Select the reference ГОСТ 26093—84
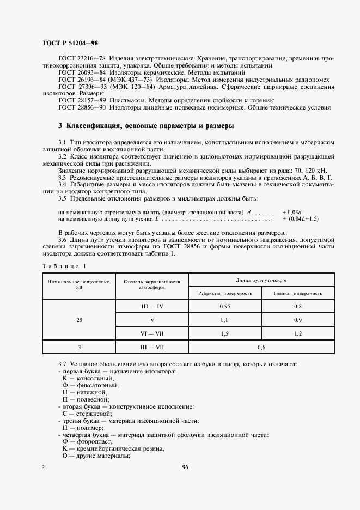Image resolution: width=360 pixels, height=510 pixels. click(82, 72)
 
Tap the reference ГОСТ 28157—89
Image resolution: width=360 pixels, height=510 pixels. click(82, 101)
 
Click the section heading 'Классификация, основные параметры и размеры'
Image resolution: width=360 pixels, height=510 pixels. click(146, 126)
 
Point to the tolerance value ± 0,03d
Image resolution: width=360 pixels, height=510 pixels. click(292, 211)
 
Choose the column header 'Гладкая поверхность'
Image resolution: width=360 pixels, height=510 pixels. click(298, 293)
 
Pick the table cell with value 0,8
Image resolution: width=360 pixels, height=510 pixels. click(298, 307)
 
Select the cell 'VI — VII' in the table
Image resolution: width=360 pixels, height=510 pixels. click(152, 332)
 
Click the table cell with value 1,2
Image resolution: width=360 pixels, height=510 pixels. click(298, 332)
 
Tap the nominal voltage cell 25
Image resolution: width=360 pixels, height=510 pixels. click(80, 320)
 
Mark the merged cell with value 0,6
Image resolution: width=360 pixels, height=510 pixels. click(261, 346)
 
